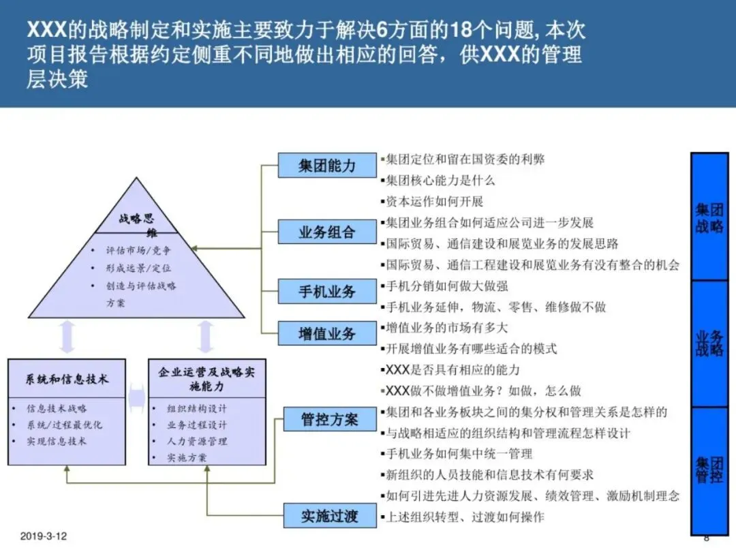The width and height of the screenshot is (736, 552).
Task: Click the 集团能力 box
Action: coord(327,166)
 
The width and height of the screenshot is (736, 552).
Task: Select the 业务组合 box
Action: coord(327,232)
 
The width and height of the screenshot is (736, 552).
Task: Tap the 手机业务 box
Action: coord(327,292)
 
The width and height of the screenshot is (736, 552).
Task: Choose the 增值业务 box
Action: coord(327,334)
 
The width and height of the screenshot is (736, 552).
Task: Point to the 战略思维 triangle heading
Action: coord(137,225)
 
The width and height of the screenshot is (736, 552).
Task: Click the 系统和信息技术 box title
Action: coord(67,379)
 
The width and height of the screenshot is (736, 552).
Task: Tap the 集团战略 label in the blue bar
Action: coord(709,217)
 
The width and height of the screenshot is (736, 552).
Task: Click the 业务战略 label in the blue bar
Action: coord(709,343)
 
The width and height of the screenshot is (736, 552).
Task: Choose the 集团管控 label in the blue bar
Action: coord(709,470)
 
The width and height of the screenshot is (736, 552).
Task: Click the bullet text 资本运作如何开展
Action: coord(434,202)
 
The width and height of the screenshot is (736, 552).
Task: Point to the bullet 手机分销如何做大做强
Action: coord(446,286)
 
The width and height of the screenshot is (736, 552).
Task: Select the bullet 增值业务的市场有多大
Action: coord(446,328)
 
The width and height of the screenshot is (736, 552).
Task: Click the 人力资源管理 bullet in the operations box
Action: coord(197,441)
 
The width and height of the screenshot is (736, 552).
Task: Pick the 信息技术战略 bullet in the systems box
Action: coord(57,409)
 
